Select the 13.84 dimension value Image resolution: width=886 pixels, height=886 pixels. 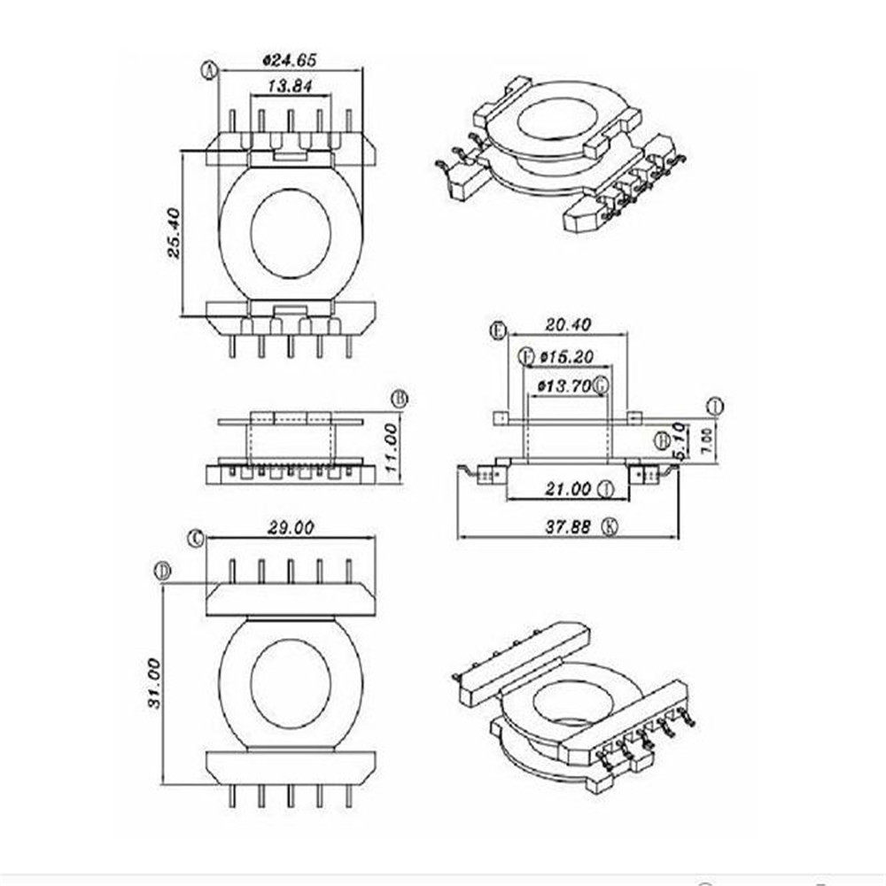click(x=290, y=86)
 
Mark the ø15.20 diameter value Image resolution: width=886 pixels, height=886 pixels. click(x=566, y=356)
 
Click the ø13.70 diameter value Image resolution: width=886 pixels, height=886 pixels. click(x=564, y=385)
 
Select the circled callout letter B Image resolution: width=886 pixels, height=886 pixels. click(x=399, y=400)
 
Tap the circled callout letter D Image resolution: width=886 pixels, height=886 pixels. click(x=162, y=571)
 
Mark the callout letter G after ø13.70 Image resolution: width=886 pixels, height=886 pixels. click(x=601, y=385)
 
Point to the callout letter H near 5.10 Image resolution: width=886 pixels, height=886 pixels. click(x=661, y=440)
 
